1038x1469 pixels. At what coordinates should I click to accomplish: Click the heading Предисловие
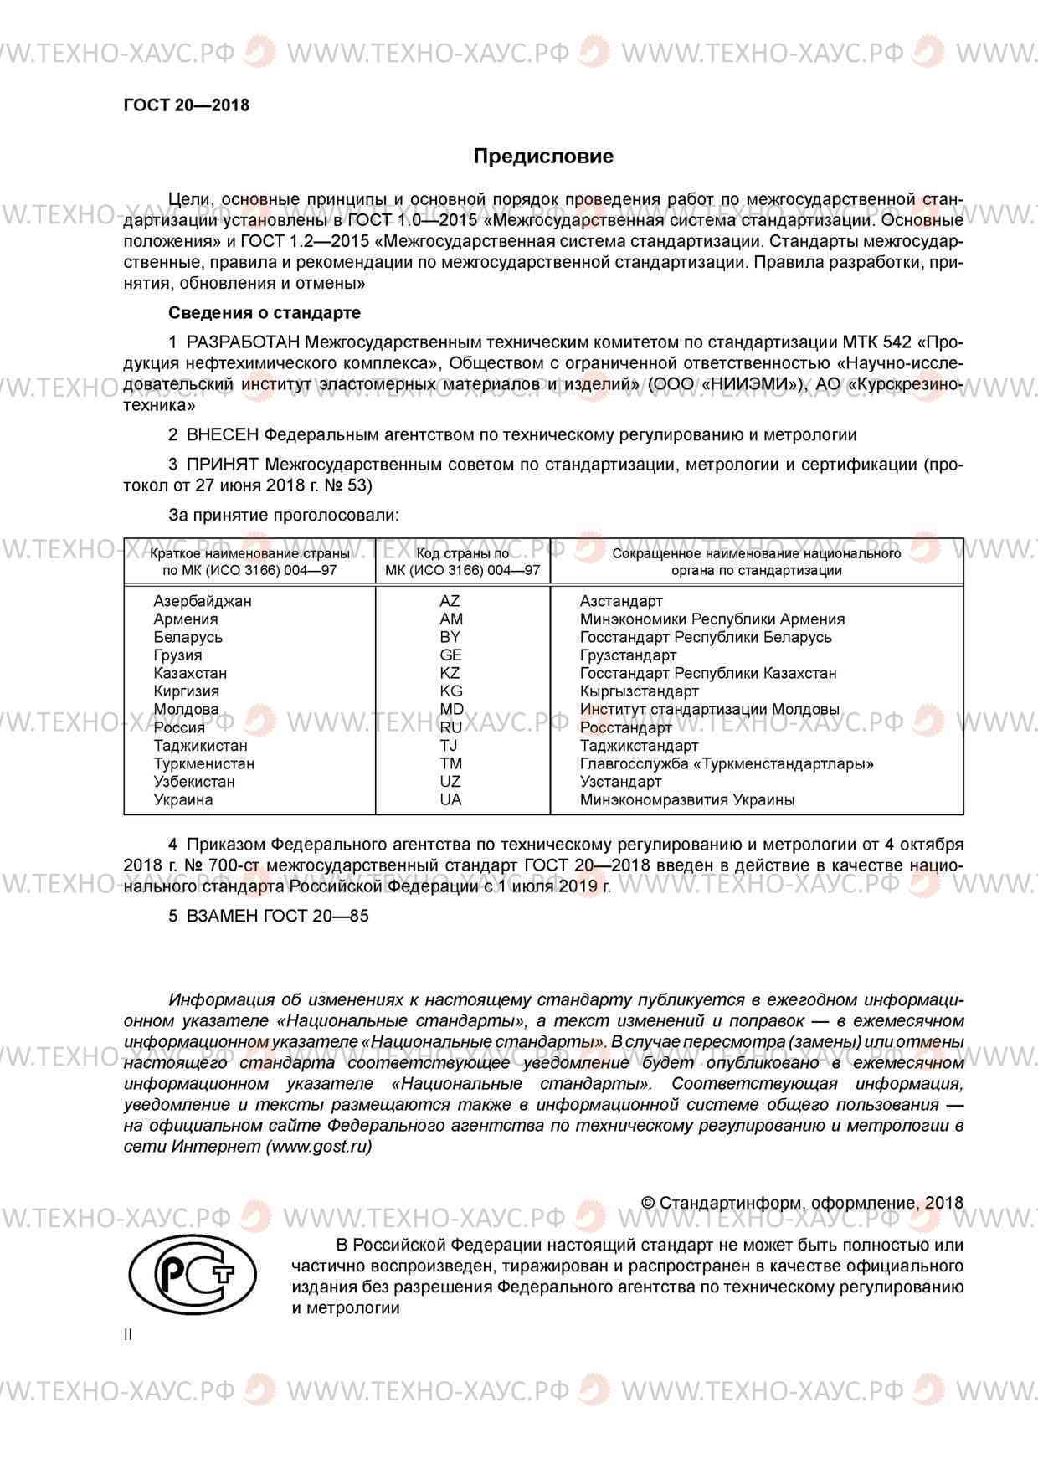coord(543,157)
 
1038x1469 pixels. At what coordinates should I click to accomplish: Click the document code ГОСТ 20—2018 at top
coord(186,105)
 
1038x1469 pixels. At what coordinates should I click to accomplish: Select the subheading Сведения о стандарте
coord(265,313)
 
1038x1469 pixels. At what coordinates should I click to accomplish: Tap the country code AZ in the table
coord(450,601)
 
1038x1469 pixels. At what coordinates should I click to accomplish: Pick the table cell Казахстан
coord(190,673)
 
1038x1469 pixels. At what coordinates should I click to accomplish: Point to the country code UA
coord(450,799)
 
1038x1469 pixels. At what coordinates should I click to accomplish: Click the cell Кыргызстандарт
coord(639,691)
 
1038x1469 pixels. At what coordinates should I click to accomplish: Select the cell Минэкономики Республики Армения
coord(712,619)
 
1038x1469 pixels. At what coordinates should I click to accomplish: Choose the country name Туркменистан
coord(203,763)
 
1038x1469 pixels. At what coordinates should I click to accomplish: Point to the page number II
coord(128,1334)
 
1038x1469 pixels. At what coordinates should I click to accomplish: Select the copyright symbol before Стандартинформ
coord(647,1203)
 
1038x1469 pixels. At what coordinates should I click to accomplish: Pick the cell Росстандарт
coord(625,727)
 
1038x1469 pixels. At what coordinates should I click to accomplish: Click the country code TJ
coord(450,745)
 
